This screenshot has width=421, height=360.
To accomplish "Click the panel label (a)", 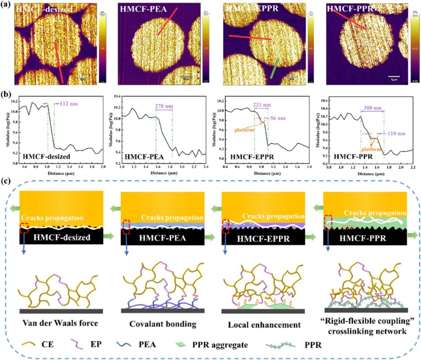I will pos(7,5).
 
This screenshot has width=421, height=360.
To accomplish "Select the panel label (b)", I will pos(7,95).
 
